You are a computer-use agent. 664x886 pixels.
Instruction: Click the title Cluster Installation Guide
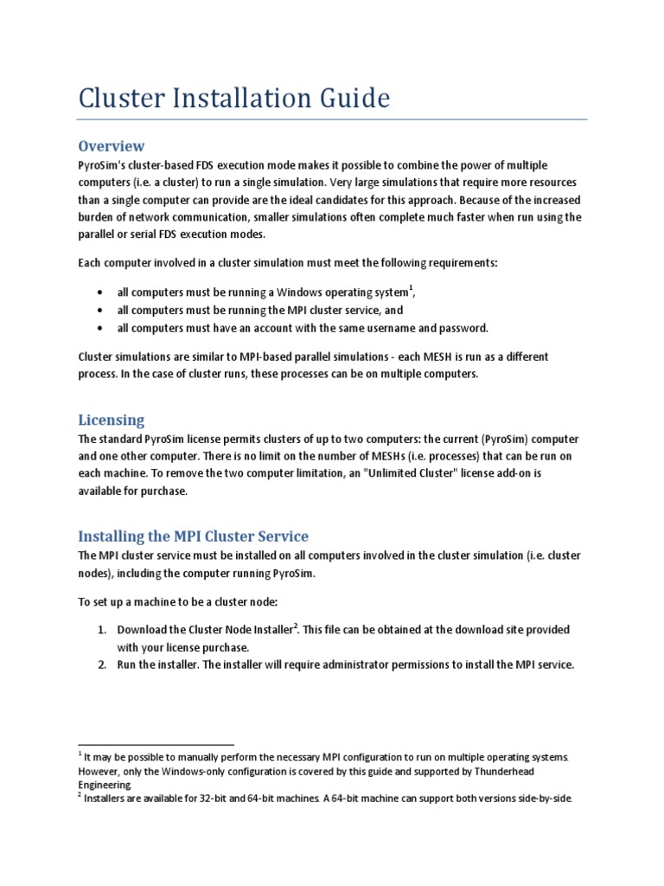click(233, 98)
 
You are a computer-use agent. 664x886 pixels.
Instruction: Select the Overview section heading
click(112, 145)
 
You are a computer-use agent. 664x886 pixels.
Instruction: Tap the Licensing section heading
click(112, 420)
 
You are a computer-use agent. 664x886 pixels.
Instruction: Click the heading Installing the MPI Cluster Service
click(193, 536)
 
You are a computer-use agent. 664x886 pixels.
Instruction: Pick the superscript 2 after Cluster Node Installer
click(296, 625)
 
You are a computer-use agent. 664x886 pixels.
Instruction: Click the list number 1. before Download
click(101, 629)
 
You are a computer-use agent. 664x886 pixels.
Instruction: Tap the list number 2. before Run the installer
click(101, 664)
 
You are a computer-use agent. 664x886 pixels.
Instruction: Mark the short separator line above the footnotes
click(156, 744)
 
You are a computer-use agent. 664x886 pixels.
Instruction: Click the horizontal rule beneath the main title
click(333, 119)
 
